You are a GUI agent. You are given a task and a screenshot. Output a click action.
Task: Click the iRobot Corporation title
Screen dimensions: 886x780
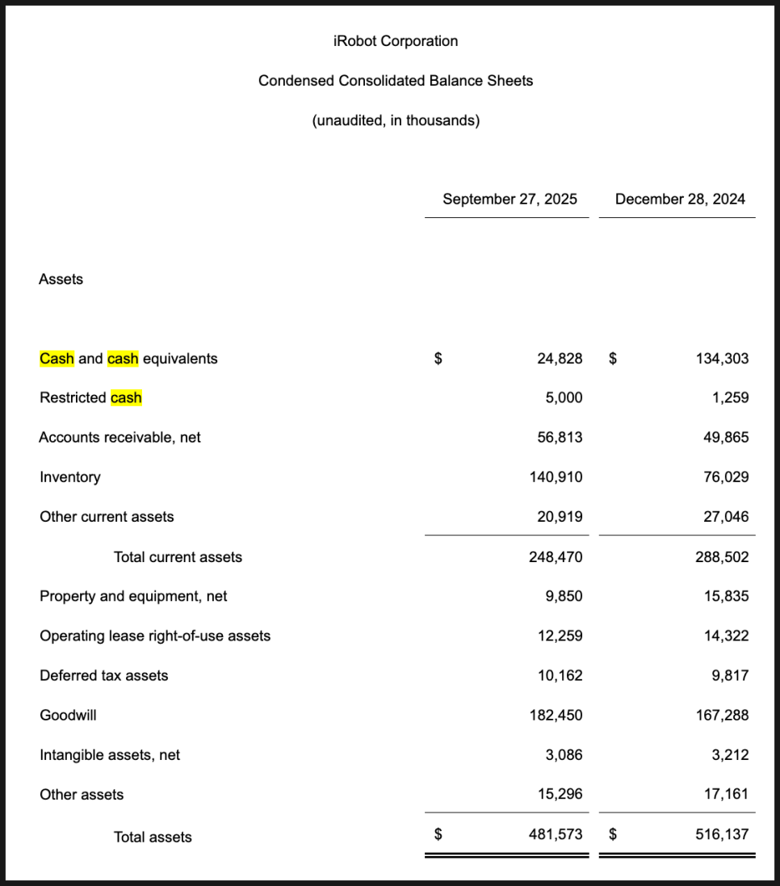point(396,41)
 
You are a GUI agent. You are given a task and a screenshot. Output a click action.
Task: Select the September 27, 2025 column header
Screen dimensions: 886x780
point(510,199)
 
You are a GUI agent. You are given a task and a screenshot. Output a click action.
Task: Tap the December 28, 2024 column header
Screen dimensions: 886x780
point(680,199)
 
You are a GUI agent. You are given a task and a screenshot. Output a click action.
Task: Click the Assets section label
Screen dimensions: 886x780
point(61,279)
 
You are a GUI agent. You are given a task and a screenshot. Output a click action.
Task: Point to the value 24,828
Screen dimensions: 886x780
point(560,359)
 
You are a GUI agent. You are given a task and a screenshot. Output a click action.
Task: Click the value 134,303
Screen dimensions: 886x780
point(722,359)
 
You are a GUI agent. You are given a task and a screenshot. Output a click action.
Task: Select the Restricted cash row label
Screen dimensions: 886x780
point(90,398)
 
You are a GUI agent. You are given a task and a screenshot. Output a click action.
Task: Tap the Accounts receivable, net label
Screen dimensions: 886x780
point(120,438)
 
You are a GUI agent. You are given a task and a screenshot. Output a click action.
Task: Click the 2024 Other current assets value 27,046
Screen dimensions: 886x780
point(726,517)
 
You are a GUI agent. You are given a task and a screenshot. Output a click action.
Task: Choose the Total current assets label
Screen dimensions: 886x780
point(178,557)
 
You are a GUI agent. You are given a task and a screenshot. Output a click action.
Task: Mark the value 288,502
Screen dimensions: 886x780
point(722,557)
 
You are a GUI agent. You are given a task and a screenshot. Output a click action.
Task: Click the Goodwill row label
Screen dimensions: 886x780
point(68,716)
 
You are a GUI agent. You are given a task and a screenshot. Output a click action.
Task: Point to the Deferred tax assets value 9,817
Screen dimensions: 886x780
point(730,676)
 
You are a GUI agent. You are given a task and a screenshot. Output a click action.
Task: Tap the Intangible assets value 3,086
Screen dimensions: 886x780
point(564,755)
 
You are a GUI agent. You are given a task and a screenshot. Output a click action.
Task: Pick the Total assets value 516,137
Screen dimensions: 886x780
point(722,835)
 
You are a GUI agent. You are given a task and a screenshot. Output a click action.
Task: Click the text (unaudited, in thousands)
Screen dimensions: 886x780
point(396,121)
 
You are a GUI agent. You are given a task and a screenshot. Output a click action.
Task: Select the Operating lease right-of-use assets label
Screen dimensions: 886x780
point(155,636)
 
